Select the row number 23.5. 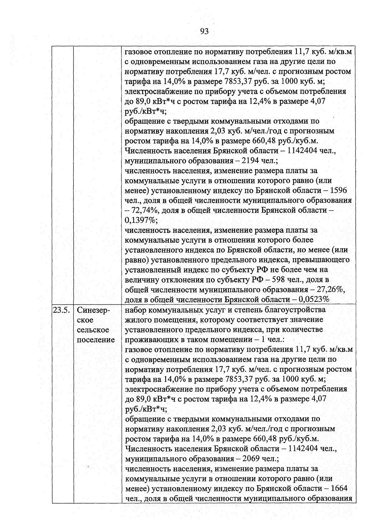pyautogui.click(x=62, y=310)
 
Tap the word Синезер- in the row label pyautogui.click(x=94, y=310)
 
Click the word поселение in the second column pyautogui.click(x=96, y=340)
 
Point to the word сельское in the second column pyautogui.click(x=93, y=330)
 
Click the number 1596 pyautogui.click(x=338, y=190)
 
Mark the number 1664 pyautogui.click(x=339, y=488)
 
